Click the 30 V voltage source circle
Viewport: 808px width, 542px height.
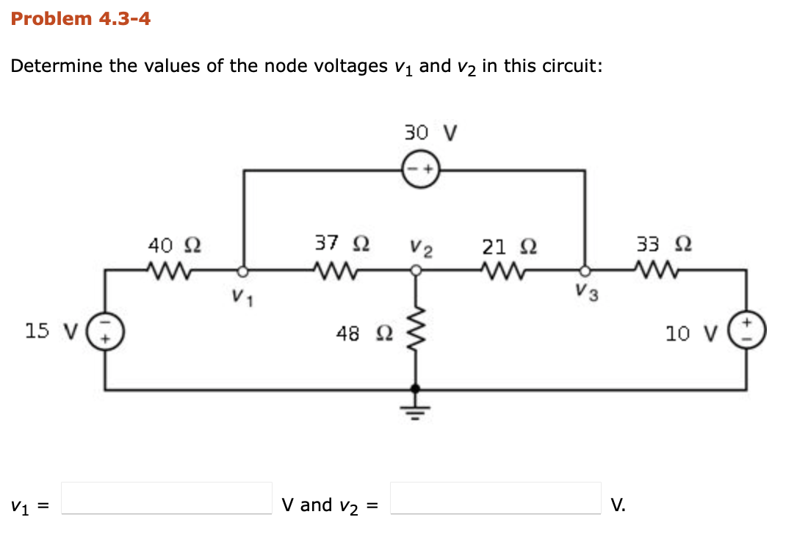click(x=420, y=170)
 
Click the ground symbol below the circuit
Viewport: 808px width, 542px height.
click(x=416, y=408)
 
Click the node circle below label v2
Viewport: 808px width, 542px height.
click(x=416, y=270)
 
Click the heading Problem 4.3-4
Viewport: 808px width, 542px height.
click(x=81, y=19)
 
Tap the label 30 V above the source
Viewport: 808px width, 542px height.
click(x=430, y=133)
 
